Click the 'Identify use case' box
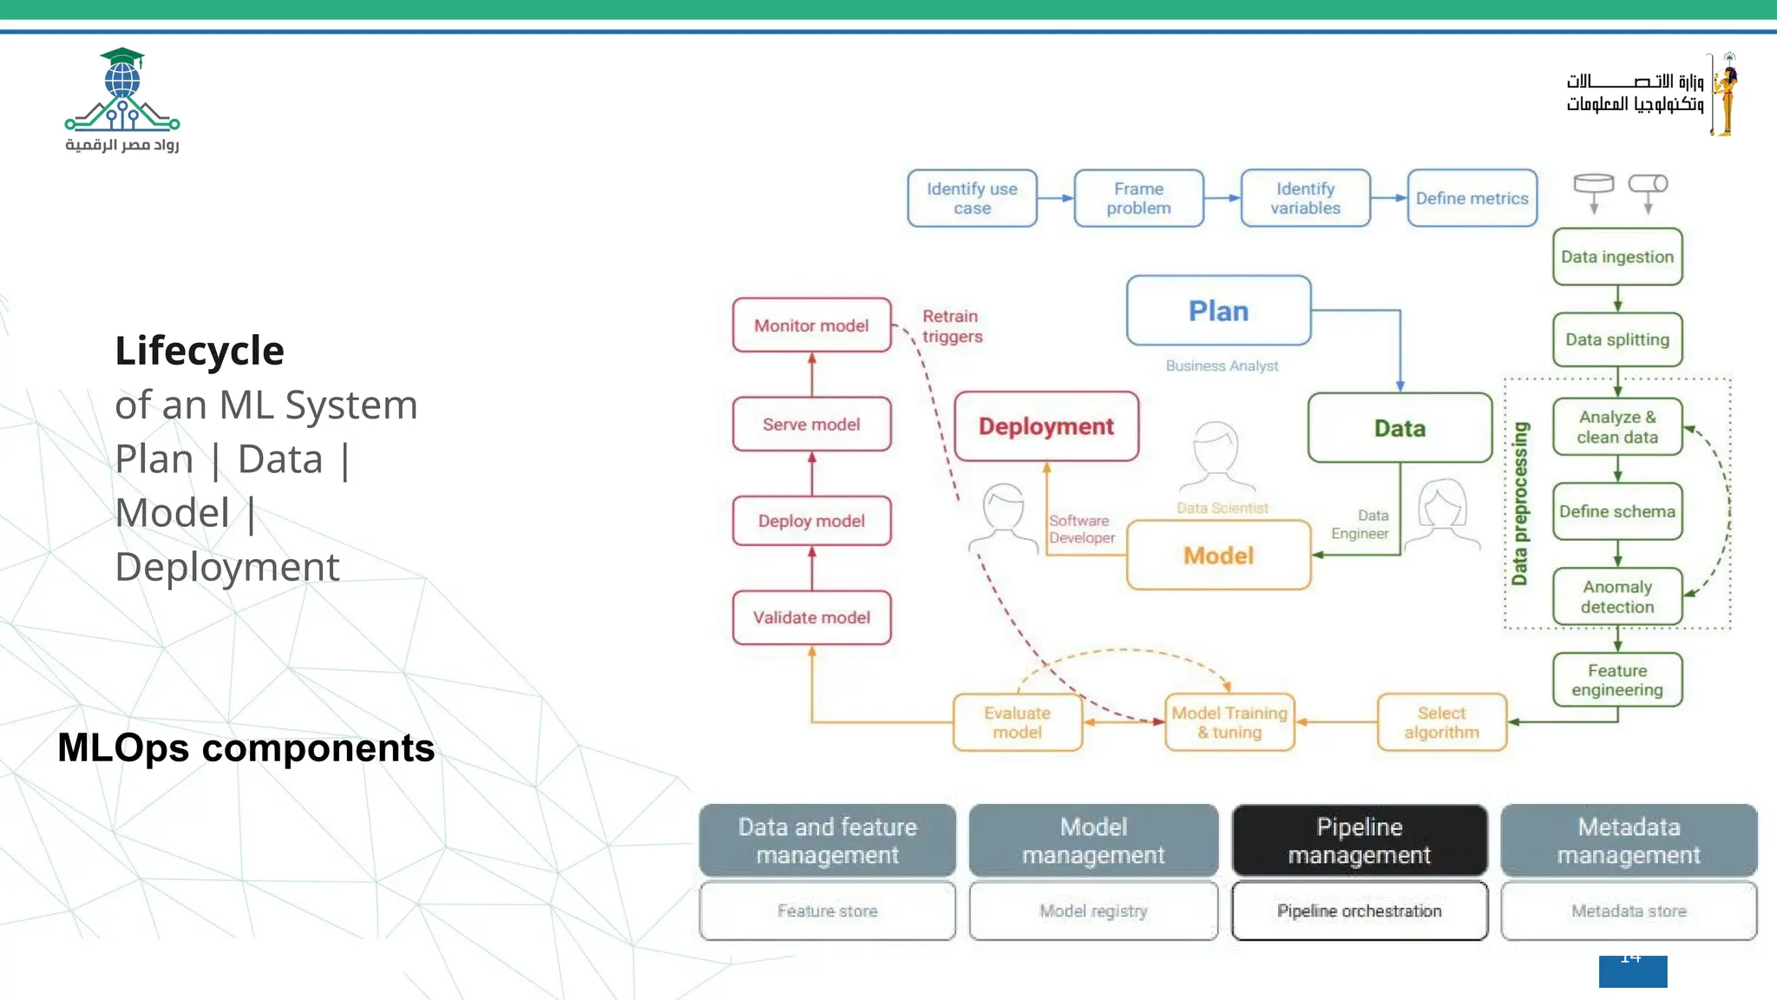coord(972,199)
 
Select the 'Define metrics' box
coord(1472,199)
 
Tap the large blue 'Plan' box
coord(1218,311)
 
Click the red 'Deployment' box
coord(1046,426)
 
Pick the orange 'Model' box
coord(1218,556)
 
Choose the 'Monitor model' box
coord(811,326)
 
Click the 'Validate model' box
coord(811,617)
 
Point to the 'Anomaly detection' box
coord(1617,596)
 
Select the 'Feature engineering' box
coord(1617,680)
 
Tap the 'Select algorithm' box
coord(1441,722)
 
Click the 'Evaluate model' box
coord(1017,722)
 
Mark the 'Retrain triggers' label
coord(952,326)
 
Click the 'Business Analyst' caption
coord(1222,366)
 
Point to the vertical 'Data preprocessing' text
coord(1519,503)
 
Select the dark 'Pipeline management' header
coord(1359,840)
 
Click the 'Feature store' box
coord(827,911)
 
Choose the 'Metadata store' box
coord(1629,911)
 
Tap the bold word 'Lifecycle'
coord(200,351)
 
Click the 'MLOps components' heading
coord(246,748)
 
